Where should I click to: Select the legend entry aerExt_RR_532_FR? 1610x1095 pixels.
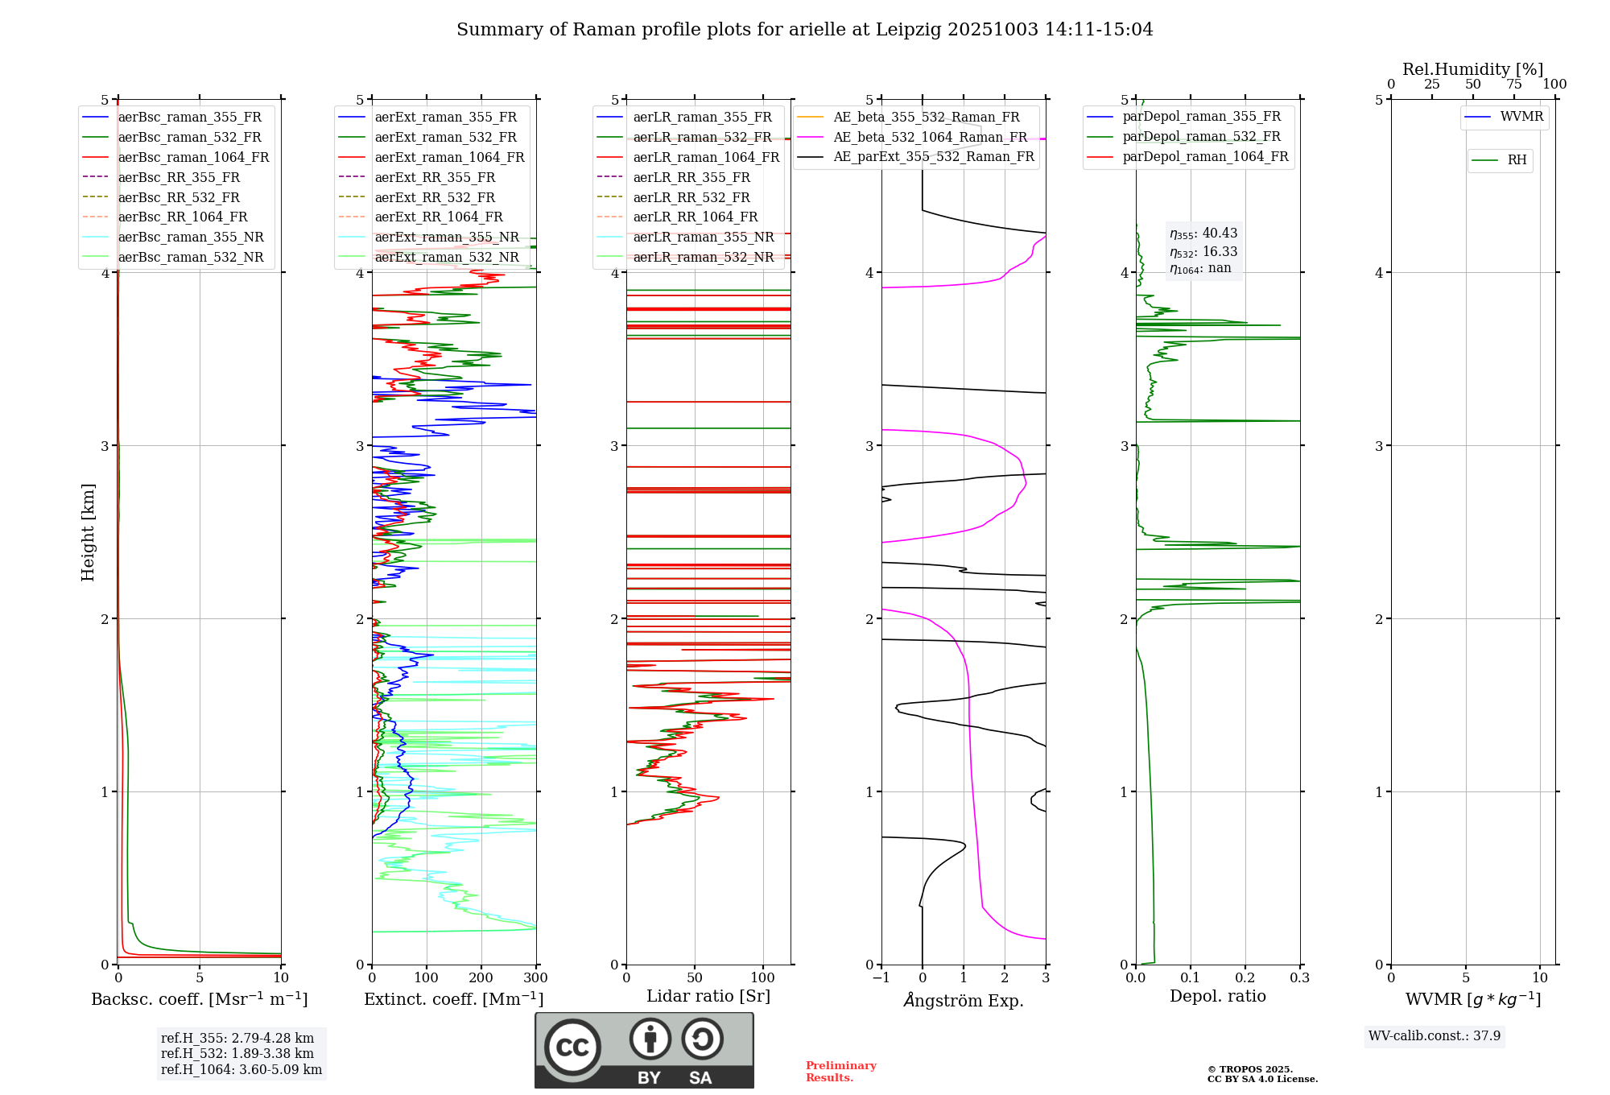(435, 197)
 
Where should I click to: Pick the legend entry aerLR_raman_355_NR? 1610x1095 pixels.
(703, 237)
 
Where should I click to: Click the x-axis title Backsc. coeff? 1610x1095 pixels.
(199, 999)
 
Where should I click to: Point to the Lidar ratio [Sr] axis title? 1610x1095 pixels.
(708, 996)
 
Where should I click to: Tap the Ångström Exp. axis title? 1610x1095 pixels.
(964, 1000)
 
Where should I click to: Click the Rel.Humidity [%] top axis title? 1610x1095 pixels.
(1472, 69)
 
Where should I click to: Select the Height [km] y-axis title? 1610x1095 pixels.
(88, 532)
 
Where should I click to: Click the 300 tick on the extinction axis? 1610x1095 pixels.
(535, 978)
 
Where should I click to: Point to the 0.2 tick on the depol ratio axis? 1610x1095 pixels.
(1245, 978)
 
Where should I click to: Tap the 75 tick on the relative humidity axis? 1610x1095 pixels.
(1514, 85)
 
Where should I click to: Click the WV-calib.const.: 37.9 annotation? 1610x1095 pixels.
(1435, 1035)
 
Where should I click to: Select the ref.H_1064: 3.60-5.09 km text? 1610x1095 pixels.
(242, 1069)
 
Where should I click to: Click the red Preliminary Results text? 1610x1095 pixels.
(840, 1072)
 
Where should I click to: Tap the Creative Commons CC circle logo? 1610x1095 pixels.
(572, 1047)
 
